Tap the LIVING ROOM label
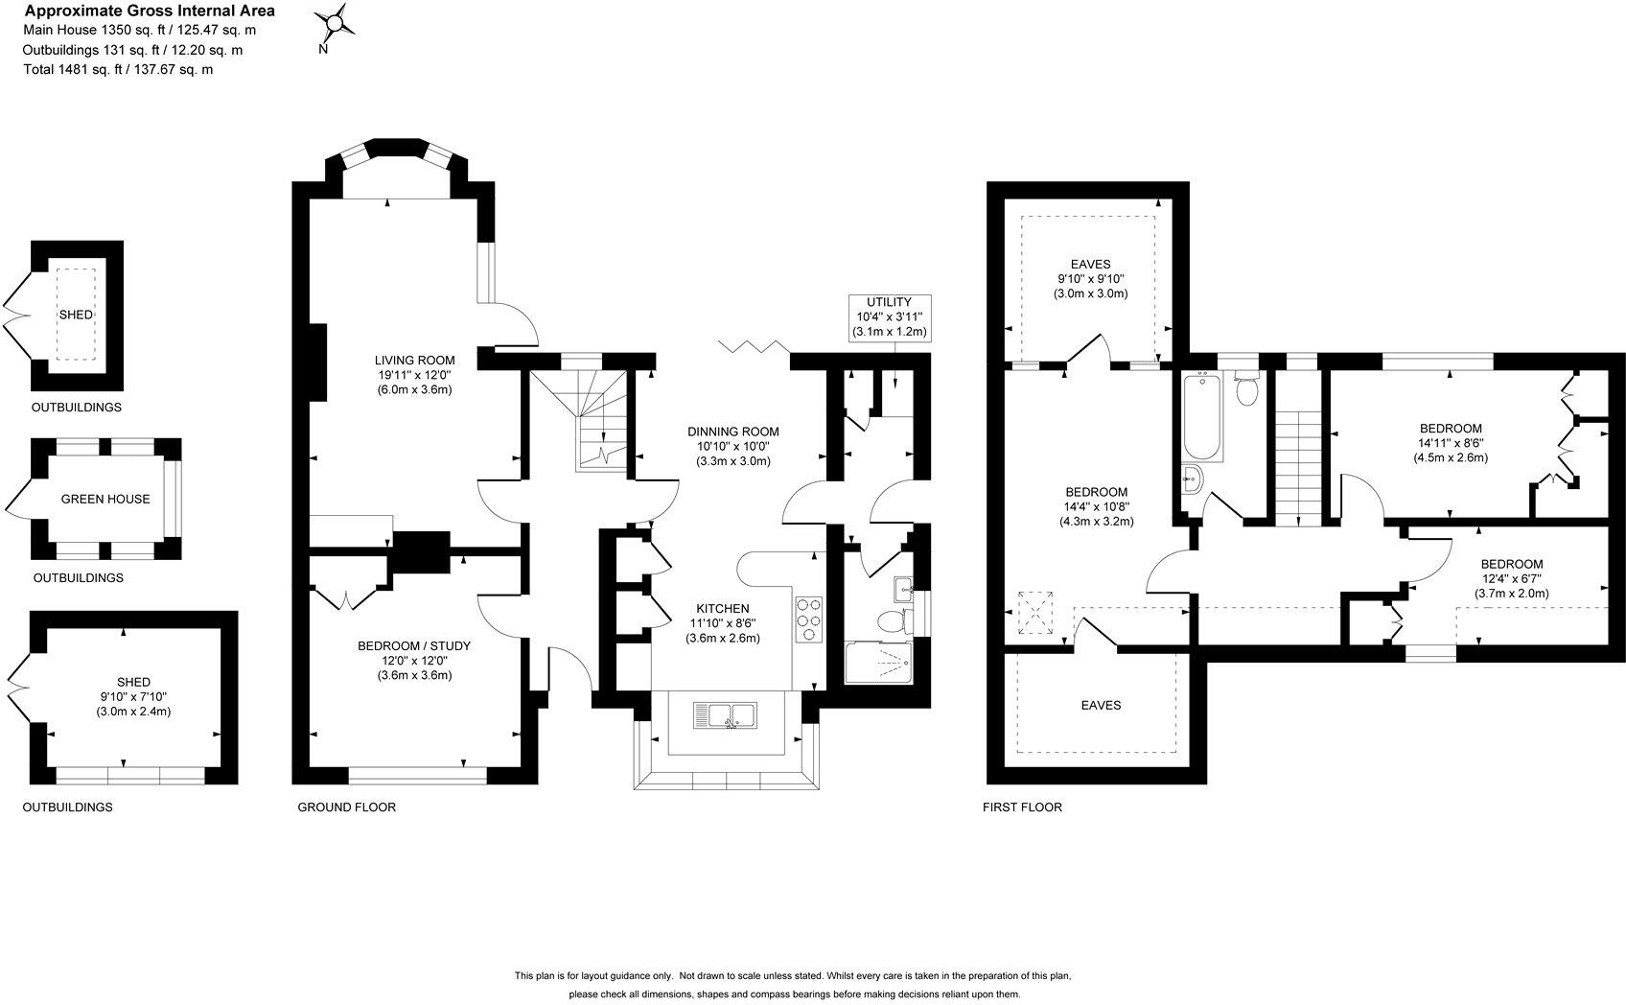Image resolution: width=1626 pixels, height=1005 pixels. (414, 361)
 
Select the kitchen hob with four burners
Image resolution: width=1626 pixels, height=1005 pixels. (809, 619)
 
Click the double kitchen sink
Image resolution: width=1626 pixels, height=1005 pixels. (725, 715)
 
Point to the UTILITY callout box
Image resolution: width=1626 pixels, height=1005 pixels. (890, 317)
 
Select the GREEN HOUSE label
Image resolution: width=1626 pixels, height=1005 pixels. (105, 499)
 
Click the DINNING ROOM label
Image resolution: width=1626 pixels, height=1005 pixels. (733, 432)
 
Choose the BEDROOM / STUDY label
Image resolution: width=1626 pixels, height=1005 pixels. (414, 645)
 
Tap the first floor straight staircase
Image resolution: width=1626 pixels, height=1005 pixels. (1297, 468)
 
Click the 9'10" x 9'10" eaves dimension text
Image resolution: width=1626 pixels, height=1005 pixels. (1090, 279)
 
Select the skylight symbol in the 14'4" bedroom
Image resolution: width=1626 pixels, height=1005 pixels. (1034, 613)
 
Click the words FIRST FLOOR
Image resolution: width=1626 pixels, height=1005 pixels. (1022, 806)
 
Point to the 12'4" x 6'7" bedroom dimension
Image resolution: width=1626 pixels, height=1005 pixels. (1511, 579)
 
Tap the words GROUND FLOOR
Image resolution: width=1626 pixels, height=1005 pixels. (347, 806)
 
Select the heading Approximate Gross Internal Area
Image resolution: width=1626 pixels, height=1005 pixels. (150, 11)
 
